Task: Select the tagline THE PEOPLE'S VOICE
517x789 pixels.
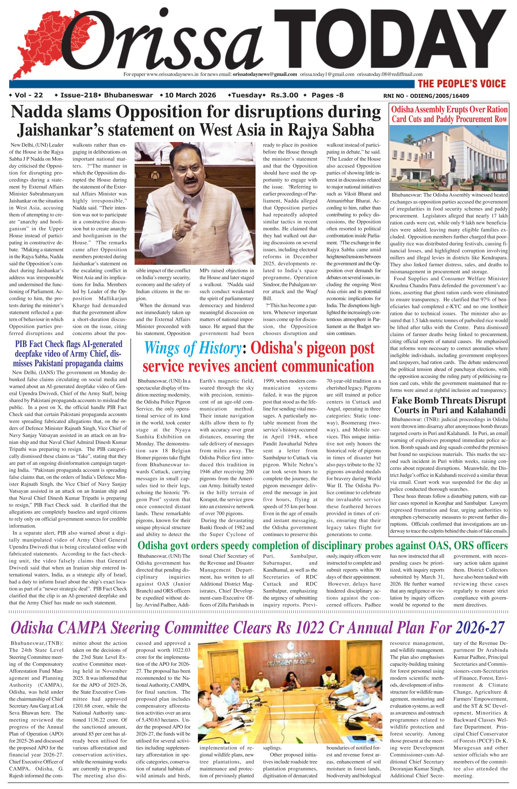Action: click(x=462, y=84)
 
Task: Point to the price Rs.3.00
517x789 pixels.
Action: click(x=284, y=95)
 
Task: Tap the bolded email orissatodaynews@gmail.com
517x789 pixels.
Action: click(x=265, y=74)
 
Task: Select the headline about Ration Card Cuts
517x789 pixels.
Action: click(x=449, y=114)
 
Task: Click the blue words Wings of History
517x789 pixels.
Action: click(x=193, y=348)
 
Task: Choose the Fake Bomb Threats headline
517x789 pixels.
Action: click(x=449, y=405)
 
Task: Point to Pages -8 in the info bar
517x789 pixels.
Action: click(x=327, y=95)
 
